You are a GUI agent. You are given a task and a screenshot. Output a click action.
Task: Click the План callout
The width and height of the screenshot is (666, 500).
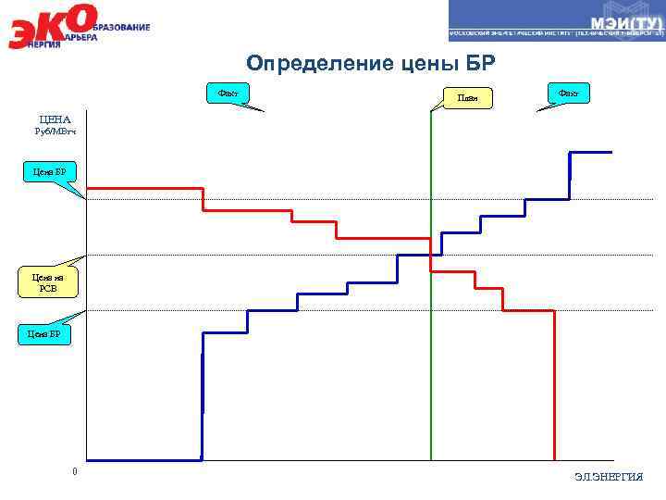click(467, 97)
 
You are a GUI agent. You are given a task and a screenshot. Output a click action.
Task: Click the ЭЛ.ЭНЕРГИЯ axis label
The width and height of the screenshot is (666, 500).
click(608, 476)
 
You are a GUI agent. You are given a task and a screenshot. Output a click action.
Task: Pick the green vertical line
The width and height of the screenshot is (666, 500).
click(431, 370)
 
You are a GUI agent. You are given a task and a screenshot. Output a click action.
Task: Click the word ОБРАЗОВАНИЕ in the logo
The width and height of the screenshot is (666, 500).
click(120, 28)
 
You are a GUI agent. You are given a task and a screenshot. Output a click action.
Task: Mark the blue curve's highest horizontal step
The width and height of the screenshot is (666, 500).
click(591, 152)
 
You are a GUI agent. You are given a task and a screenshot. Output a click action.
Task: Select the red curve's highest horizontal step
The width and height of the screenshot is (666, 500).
click(143, 189)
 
